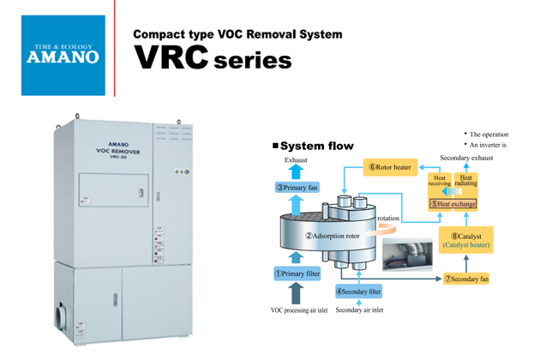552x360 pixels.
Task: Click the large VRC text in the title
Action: coord(171,58)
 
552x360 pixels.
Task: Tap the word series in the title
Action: coord(253,63)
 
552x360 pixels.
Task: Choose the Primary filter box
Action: coord(297,273)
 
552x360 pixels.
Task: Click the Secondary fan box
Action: coord(466,279)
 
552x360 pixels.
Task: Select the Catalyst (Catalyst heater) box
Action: coord(466,239)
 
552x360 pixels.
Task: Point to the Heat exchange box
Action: coord(453,203)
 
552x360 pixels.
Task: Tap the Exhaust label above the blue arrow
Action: coord(296,160)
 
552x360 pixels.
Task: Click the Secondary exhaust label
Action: coord(467,159)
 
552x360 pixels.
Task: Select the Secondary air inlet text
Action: coord(360,309)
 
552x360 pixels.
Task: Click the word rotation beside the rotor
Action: coord(388,219)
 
